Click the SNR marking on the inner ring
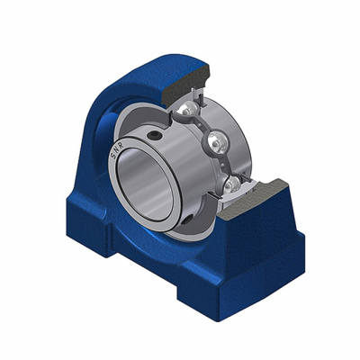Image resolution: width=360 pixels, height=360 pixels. [x=115, y=149]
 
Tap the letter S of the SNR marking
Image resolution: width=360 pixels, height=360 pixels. [x=113, y=155]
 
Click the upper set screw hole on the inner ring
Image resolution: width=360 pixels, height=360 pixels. [x=155, y=136]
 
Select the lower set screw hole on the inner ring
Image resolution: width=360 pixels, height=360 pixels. [x=188, y=220]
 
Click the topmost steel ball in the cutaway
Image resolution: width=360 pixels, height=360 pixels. [x=188, y=108]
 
